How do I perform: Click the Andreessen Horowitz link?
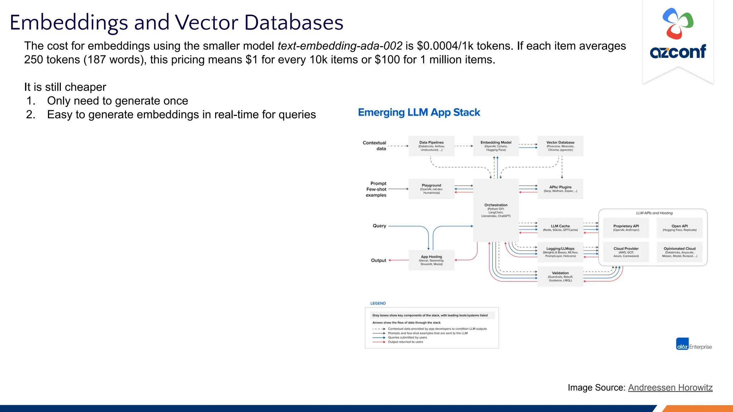(x=670, y=388)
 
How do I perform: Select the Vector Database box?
(x=560, y=146)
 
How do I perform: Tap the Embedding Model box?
(x=496, y=146)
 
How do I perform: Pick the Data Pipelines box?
(x=431, y=146)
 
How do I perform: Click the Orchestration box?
(x=496, y=210)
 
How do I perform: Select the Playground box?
(x=431, y=189)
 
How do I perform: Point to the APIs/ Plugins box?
(x=560, y=189)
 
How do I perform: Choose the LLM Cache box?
(x=560, y=228)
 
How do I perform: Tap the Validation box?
(x=560, y=276)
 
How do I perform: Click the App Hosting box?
(x=431, y=260)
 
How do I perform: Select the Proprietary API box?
(x=626, y=228)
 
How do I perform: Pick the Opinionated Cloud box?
(x=679, y=252)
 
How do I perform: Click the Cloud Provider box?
(x=626, y=252)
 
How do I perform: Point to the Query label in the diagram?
(x=379, y=226)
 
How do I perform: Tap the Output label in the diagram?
(x=378, y=260)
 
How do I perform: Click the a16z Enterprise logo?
(x=693, y=344)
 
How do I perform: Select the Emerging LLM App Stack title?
(x=419, y=112)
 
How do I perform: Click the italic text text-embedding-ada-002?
(x=340, y=46)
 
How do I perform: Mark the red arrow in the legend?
(x=379, y=342)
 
